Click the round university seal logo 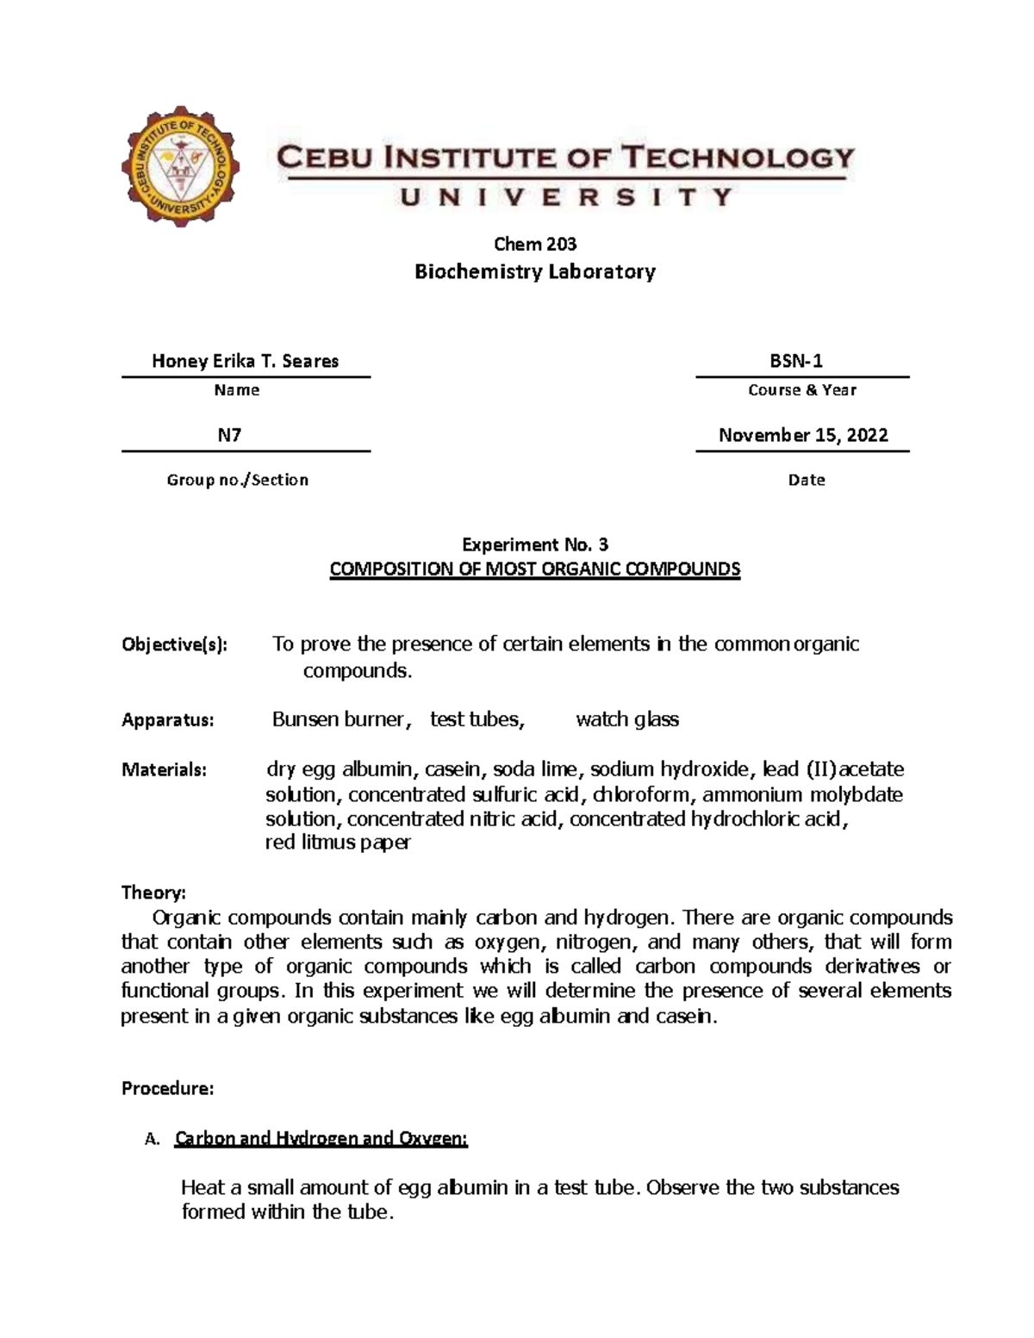point(181,166)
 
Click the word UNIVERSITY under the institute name point(566,197)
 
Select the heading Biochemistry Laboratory point(535,272)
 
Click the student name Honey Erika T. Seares point(245,361)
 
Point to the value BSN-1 point(801,361)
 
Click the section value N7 point(229,435)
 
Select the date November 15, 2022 point(802,435)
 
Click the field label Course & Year point(801,390)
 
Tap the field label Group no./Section point(237,480)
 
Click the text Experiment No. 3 point(535,545)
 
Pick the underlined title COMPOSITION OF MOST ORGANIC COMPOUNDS point(535,569)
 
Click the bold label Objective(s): point(175,644)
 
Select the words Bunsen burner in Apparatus point(337,719)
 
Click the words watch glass point(626,719)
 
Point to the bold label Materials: point(164,769)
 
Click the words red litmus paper point(337,843)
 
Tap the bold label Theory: point(153,892)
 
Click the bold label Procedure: point(167,1089)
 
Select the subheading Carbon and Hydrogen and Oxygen point(321,1139)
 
